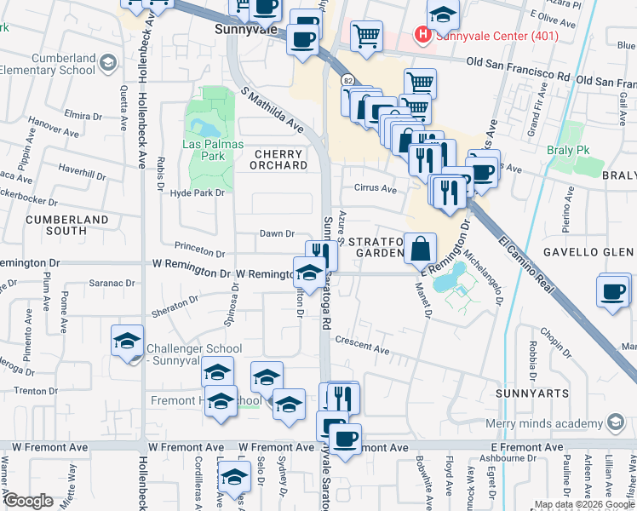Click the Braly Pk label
[x=570, y=150]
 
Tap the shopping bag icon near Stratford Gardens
[x=421, y=249]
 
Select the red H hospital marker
[x=421, y=35]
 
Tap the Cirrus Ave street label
[x=375, y=189]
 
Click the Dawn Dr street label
[x=277, y=233]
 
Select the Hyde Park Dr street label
[x=197, y=193]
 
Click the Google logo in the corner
[x=28, y=501]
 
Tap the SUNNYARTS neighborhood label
[x=525, y=394]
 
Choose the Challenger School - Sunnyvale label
[x=194, y=354]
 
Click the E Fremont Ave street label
[x=529, y=447]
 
